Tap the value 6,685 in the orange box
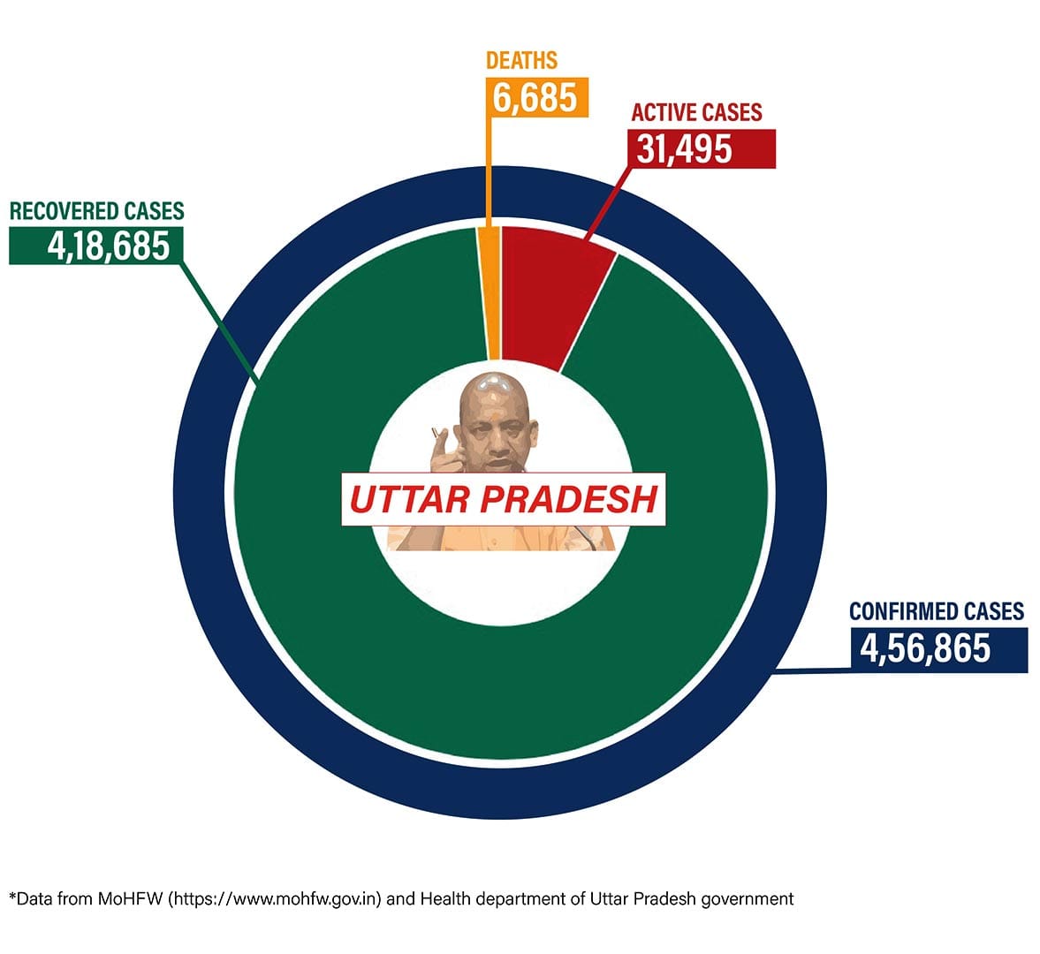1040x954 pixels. (x=535, y=96)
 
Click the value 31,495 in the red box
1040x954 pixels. (x=685, y=149)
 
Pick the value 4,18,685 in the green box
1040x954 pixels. (x=109, y=246)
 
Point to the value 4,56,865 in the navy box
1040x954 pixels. (x=925, y=649)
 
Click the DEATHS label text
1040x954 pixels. (x=521, y=61)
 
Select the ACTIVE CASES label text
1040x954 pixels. (x=696, y=113)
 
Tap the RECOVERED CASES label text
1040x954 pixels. (x=96, y=211)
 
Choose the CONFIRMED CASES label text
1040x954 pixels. (x=936, y=611)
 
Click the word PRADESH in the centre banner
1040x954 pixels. (x=569, y=500)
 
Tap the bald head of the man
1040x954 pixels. (x=491, y=389)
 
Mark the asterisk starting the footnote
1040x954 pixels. (x=12, y=897)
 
